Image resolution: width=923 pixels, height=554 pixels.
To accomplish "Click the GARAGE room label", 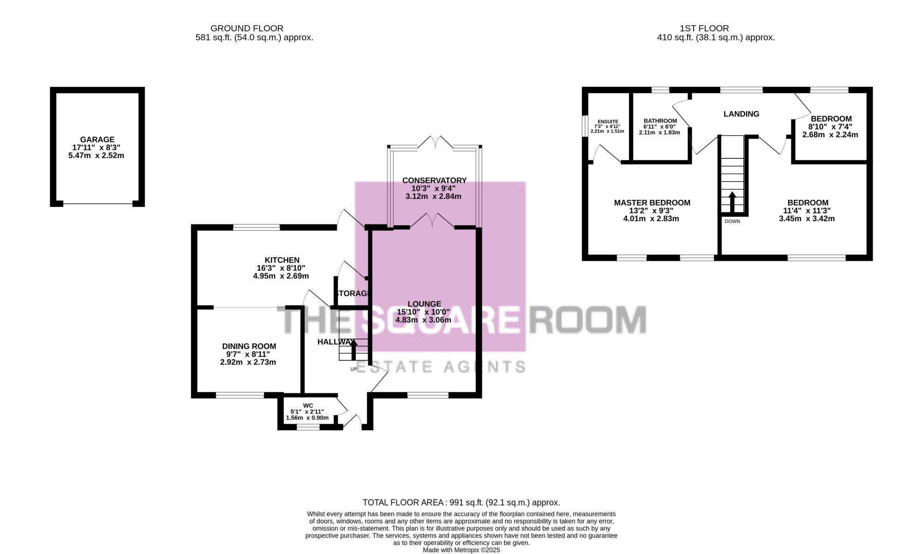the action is pyautogui.click(x=97, y=139).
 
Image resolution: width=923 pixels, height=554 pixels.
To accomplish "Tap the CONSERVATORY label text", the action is pyautogui.click(x=434, y=181).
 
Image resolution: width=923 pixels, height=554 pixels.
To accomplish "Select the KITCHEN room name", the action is pyautogui.click(x=282, y=260).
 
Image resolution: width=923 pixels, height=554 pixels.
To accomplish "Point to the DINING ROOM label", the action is pyautogui.click(x=249, y=346).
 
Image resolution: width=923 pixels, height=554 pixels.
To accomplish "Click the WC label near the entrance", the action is pyautogui.click(x=308, y=405).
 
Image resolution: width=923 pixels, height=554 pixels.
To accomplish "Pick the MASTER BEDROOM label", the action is pyautogui.click(x=652, y=203).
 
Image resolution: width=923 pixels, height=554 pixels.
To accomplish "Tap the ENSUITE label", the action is pyautogui.click(x=608, y=121).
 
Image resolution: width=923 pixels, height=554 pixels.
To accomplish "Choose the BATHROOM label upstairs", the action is pyautogui.click(x=660, y=121).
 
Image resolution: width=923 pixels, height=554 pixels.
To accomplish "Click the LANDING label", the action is pyautogui.click(x=741, y=114).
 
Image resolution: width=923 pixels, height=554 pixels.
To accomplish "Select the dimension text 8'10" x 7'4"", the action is pyautogui.click(x=830, y=127).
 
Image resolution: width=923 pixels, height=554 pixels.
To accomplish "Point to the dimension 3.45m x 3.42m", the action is pyautogui.click(x=807, y=219).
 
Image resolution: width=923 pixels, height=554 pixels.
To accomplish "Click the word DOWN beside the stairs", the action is pyautogui.click(x=732, y=222).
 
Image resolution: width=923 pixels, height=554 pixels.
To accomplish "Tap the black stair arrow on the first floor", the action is pyautogui.click(x=732, y=202).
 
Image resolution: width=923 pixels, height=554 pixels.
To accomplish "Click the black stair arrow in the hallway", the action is pyautogui.click(x=354, y=350).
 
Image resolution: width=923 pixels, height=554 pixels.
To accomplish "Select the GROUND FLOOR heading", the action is pyautogui.click(x=247, y=29).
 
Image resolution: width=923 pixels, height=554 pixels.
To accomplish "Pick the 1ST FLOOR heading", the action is pyautogui.click(x=704, y=29).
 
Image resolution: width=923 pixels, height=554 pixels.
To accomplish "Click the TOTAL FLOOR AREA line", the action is pyautogui.click(x=461, y=503).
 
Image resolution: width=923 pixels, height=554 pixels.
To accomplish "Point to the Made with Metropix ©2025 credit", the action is pyautogui.click(x=461, y=550).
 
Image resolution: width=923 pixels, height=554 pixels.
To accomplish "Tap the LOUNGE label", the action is pyautogui.click(x=425, y=304).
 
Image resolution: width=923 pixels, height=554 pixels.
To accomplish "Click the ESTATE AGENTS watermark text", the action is pyautogui.click(x=441, y=367).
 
